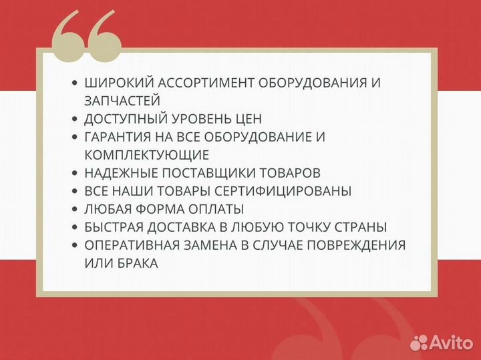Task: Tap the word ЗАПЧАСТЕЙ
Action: click(x=122, y=101)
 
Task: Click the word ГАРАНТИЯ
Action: click(x=119, y=137)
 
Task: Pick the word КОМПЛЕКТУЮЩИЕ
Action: click(x=147, y=155)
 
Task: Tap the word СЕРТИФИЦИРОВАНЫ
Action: click(x=290, y=191)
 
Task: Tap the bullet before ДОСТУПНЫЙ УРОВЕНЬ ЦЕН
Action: click(x=75, y=119)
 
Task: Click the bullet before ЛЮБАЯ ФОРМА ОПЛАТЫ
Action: click(x=75, y=209)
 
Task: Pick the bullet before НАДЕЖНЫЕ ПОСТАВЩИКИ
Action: click(x=75, y=173)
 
